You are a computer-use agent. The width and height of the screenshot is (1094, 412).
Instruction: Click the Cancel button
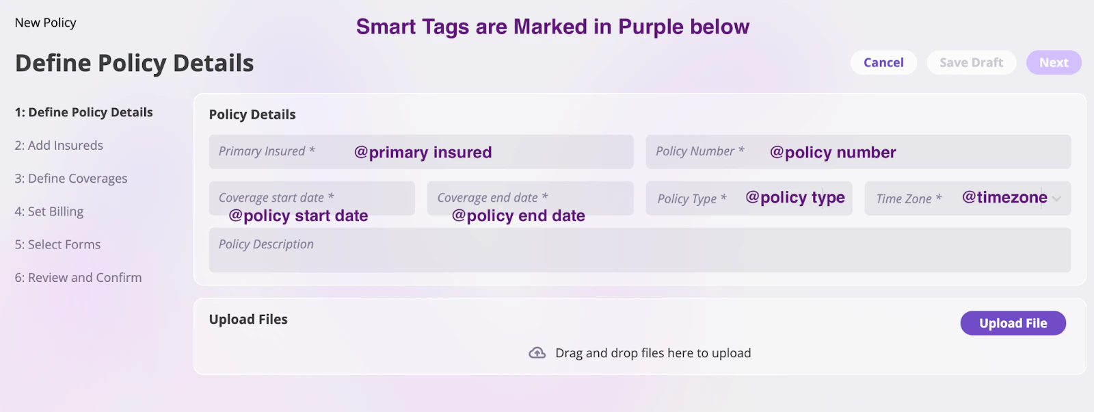(883, 62)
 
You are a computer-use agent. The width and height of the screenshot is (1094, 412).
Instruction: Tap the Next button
(1054, 62)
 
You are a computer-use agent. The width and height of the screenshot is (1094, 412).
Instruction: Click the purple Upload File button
(1013, 323)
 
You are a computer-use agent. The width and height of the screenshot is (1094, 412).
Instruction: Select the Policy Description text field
(640, 250)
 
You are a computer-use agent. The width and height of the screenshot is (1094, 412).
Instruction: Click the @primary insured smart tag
(423, 153)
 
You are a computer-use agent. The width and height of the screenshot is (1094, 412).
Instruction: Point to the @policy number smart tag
(833, 153)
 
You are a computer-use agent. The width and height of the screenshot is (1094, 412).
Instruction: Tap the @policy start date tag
(298, 216)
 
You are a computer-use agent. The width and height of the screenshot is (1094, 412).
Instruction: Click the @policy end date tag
(518, 216)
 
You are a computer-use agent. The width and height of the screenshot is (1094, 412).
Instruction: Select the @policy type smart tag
(795, 198)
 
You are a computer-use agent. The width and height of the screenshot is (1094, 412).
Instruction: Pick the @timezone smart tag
(1004, 197)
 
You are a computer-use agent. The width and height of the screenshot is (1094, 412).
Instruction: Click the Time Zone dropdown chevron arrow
(1057, 199)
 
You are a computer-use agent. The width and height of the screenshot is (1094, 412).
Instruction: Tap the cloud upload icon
(537, 353)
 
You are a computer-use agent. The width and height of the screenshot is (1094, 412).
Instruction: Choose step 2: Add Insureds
(59, 145)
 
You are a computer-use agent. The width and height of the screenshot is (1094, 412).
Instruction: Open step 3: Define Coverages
(71, 179)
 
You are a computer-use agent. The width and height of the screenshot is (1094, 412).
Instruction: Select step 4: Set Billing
(49, 211)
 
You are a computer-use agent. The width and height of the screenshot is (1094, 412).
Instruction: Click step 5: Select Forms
(57, 244)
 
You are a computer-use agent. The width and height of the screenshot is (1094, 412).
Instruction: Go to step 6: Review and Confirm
(78, 278)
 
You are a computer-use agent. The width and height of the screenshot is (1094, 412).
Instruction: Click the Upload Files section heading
(248, 319)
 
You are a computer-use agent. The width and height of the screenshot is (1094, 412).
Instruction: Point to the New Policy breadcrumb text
(45, 23)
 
